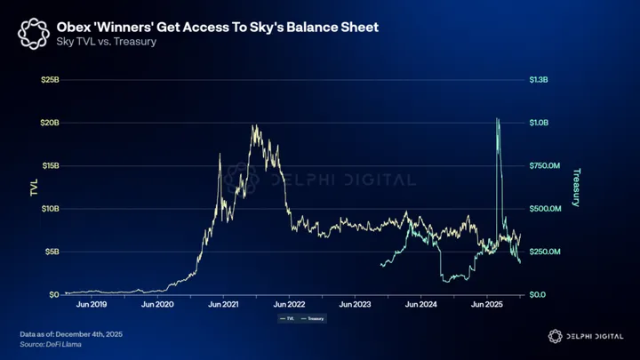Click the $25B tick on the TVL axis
[x=50, y=79]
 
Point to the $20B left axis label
[x=50, y=123]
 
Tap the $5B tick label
[x=52, y=252]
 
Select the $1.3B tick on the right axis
[x=540, y=79]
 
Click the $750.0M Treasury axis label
[x=546, y=165]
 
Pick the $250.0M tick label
[x=546, y=252]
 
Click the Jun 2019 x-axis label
[x=92, y=304]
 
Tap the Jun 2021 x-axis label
[x=224, y=304]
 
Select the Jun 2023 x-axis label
[x=355, y=304]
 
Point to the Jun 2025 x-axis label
[x=486, y=304]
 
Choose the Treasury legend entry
[x=312, y=318]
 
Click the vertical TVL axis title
[x=33, y=187]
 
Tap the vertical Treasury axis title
[x=576, y=187]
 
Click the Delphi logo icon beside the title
[x=34, y=34]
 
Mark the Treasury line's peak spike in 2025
[x=497, y=119]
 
